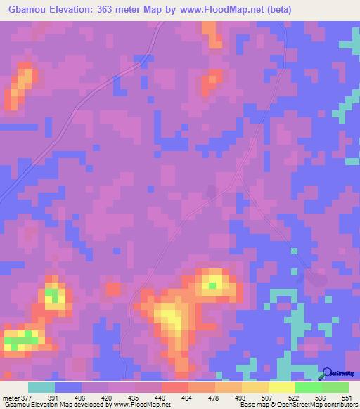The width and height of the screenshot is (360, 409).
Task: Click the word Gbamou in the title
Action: (28, 9)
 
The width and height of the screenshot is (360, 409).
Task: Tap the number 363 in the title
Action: (116, 9)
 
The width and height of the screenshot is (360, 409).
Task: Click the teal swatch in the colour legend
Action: (41, 387)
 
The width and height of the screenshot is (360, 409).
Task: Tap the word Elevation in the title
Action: (79, 9)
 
